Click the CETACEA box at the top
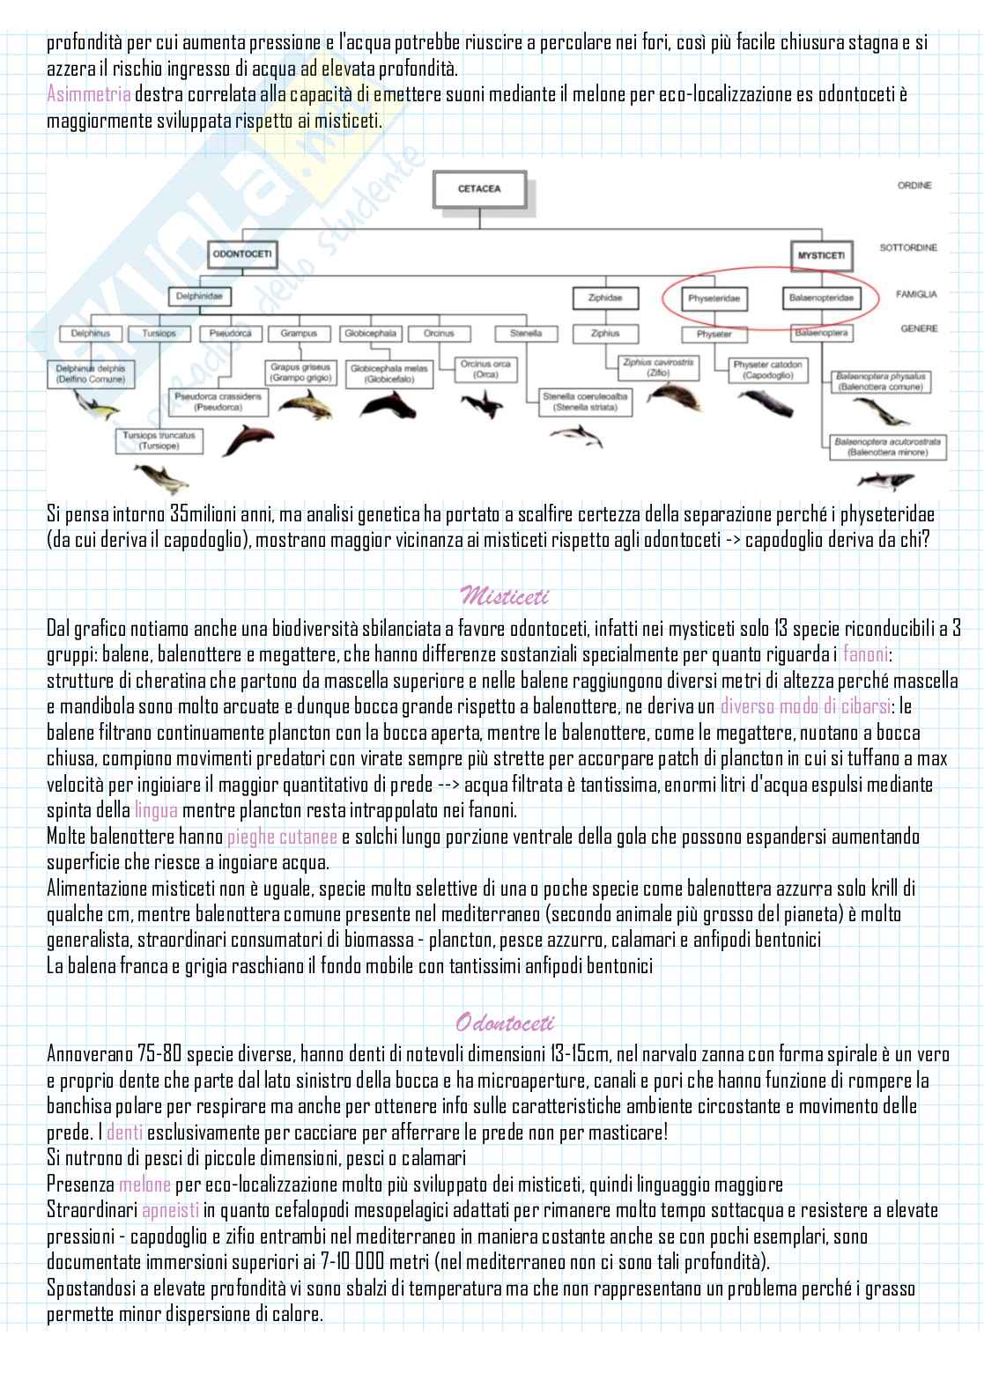(x=479, y=189)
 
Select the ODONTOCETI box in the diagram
(x=242, y=255)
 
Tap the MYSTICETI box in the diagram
(x=822, y=255)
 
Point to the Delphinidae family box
(x=198, y=298)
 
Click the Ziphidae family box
(x=604, y=298)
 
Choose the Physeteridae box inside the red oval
(x=714, y=299)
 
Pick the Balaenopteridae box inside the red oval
(x=818, y=299)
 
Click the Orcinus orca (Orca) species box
(x=485, y=369)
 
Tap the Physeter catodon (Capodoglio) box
(x=768, y=369)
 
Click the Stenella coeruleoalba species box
(x=586, y=402)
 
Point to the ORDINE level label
(x=914, y=186)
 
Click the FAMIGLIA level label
(x=916, y=295)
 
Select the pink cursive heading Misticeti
(x=504, y=597)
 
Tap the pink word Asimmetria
(x=89, y=94)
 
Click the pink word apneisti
(x=171, y=1210)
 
